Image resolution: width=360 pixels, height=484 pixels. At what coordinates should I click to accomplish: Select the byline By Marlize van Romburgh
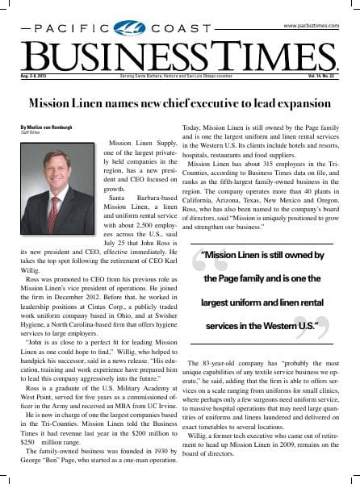(53, 127)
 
